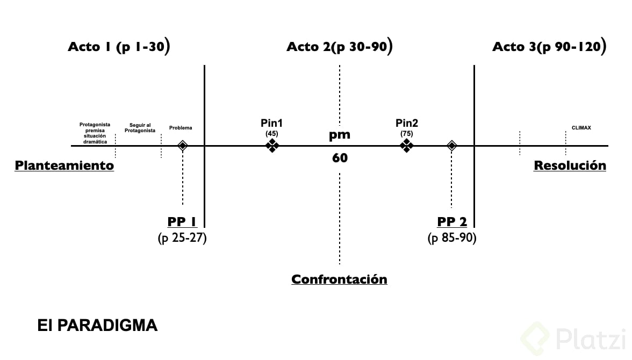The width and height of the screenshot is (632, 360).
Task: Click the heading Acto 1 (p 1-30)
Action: [119, 47]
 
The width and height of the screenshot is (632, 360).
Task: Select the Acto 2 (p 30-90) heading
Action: [339, 47]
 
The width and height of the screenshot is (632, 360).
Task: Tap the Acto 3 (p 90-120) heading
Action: [549, 47]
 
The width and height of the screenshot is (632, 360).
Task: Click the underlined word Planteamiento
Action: [64, 165]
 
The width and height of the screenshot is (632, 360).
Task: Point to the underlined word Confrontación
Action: [339, 279]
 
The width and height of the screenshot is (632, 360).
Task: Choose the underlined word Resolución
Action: [570, 165]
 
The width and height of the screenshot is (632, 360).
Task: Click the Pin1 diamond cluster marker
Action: [272, 146]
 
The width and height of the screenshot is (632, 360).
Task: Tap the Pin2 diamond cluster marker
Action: [407, 146]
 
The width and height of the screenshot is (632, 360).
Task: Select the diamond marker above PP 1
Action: [183, 146]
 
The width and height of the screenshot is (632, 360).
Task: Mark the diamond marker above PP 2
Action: [451, 146]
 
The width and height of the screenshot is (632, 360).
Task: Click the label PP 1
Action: [183, 222]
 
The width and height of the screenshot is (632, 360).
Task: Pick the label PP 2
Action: [452, 222]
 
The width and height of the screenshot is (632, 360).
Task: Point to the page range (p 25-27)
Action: [182, 237]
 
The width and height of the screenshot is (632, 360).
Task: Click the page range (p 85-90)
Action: [452, 237]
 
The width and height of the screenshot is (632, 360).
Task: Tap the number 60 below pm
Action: [340, 158]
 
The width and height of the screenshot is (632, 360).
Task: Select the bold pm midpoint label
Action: [340, 135]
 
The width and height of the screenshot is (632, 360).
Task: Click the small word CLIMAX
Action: [581, 128]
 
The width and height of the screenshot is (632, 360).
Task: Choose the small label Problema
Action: [181, 128]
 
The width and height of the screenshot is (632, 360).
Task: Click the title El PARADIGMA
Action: [97, 325]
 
